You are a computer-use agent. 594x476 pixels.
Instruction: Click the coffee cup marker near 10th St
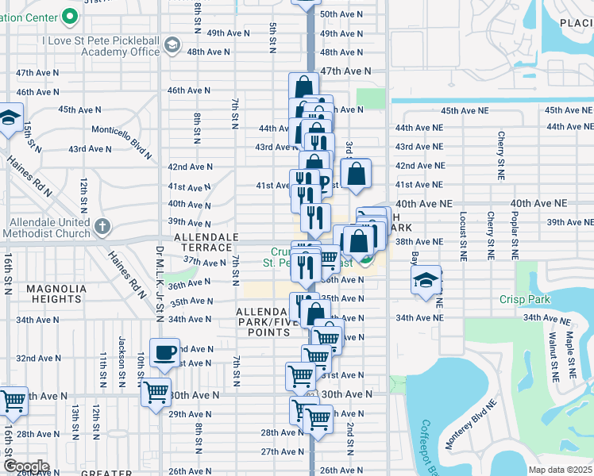click(164, 351)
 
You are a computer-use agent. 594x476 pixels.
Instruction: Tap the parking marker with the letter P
click(324, 182)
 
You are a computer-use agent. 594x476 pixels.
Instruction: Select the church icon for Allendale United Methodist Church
click(102, 227)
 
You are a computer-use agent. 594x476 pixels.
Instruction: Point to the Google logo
click(26, 466)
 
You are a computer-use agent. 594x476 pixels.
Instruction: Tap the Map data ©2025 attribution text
click(560, 470)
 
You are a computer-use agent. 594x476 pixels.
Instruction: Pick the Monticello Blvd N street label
click(121, 129)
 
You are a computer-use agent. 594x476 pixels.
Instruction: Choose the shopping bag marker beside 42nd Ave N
click(357, 172)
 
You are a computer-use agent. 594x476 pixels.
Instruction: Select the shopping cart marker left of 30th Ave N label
click(156, 391)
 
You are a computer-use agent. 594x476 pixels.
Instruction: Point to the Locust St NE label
click(463, 236)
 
